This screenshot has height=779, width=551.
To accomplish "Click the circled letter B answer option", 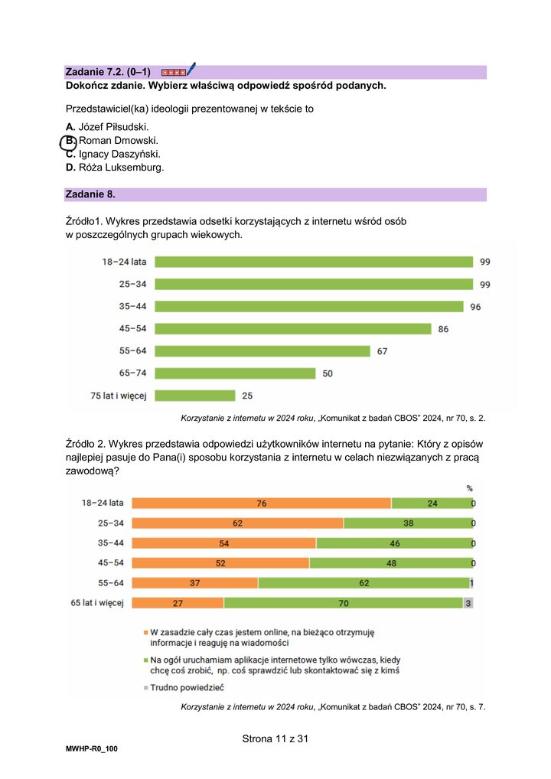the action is [69, 142].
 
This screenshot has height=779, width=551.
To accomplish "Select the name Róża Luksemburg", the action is [121, 168].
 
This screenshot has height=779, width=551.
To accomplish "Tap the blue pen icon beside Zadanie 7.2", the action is [191, 69].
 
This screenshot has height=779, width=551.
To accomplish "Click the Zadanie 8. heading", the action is [90, 194].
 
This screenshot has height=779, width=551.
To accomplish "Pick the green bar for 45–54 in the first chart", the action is [292, 329].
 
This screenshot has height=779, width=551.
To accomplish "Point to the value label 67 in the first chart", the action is [382, 351].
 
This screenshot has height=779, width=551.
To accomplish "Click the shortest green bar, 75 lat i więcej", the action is [194, 396].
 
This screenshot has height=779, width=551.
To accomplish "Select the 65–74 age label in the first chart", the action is [132, 373].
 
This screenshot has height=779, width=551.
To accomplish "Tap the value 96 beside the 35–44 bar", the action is [475, 307].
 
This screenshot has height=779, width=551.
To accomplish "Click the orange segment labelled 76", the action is [261, 504].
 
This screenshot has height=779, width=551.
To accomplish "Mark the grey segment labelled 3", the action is [468, 603].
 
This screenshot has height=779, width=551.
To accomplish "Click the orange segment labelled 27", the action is [178, 603].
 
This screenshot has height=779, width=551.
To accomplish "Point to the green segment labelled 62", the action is [364, 583].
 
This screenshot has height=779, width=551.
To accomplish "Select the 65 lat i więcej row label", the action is [97, 603].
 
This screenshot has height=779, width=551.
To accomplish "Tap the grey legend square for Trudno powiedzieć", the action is [145, 688].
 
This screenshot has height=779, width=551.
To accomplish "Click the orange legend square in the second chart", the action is [145, 633].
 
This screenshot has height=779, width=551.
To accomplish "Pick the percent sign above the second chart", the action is [470, 488].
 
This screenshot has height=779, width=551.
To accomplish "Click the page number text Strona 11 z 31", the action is [275, 738].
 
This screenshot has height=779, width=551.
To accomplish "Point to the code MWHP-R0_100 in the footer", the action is [91, 748].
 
